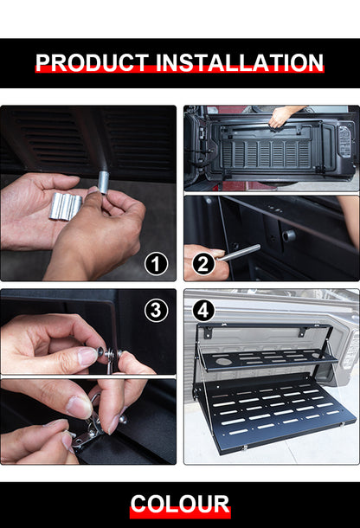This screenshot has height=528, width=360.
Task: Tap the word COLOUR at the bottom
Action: tap(180, 505)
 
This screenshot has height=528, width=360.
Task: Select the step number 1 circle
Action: tap(156, 263)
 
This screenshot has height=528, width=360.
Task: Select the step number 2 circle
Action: tap(203, 263)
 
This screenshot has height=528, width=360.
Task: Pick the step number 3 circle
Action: tap(156, 309)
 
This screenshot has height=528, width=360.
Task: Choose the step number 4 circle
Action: tap(202, 309)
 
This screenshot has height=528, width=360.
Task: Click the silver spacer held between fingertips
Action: tap(103, 183)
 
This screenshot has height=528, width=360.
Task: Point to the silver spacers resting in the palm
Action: tap(67, 205)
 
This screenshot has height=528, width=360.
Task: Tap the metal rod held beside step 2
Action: tap(239, 253)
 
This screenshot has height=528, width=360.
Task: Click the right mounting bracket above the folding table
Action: tap(303, 333)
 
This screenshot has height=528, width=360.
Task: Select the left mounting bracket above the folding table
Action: tap(209, 332)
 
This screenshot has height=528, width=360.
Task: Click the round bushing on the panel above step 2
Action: tap(289, 235)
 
